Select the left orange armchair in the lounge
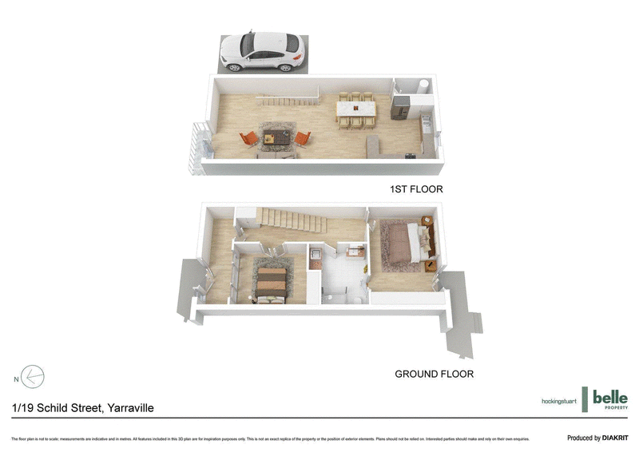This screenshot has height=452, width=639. coord(250,138)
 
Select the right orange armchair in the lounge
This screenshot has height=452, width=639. coord(302,138)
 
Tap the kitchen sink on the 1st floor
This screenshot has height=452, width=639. coord(426,124)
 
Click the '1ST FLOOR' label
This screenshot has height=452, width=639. coord(415,189)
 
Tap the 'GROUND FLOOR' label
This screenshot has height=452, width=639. coord(435,374)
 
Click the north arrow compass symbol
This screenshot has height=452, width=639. coord(33,376)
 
